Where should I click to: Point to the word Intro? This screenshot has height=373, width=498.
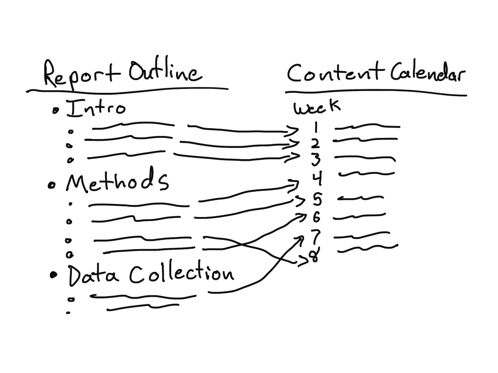[95, 108]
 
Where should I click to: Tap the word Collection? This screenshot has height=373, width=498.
[181, 273]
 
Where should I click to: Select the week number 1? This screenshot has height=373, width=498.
[316, 128]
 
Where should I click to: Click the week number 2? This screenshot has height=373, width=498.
[316, 144]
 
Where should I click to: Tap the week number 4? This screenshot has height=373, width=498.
[317, 179]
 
